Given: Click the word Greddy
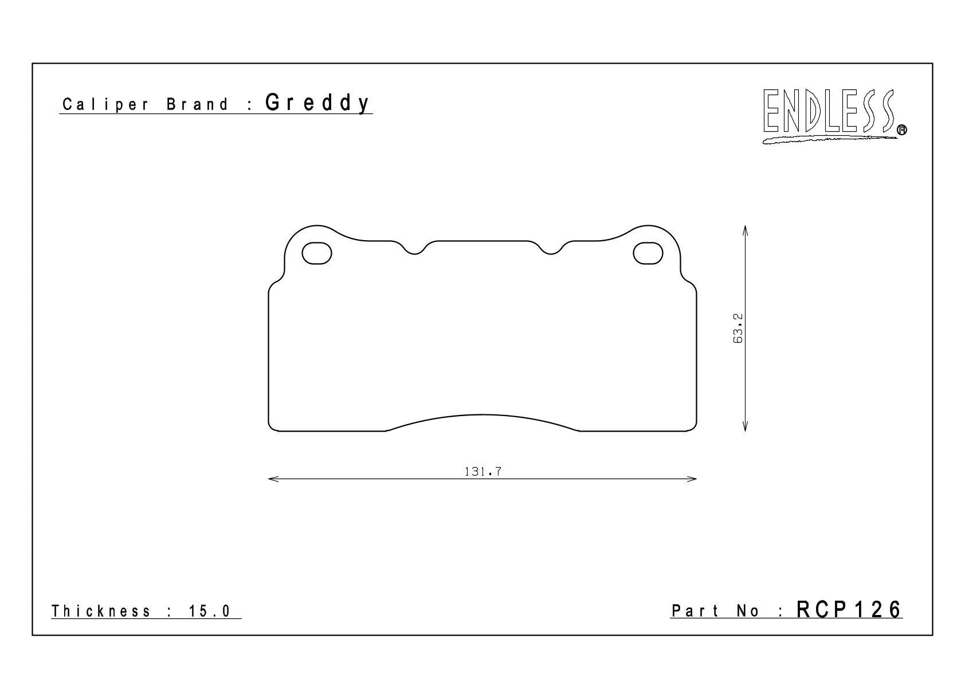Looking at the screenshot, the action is point(317,103).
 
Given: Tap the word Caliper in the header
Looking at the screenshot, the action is point(105,104).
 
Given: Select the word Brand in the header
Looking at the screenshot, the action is point(197,104).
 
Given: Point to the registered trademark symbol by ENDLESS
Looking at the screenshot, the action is point(901,130).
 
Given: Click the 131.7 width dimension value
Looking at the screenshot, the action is point(483,472).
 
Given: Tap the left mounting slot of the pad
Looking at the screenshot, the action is point(317,253).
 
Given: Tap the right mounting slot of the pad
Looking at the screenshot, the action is point(648,253).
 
